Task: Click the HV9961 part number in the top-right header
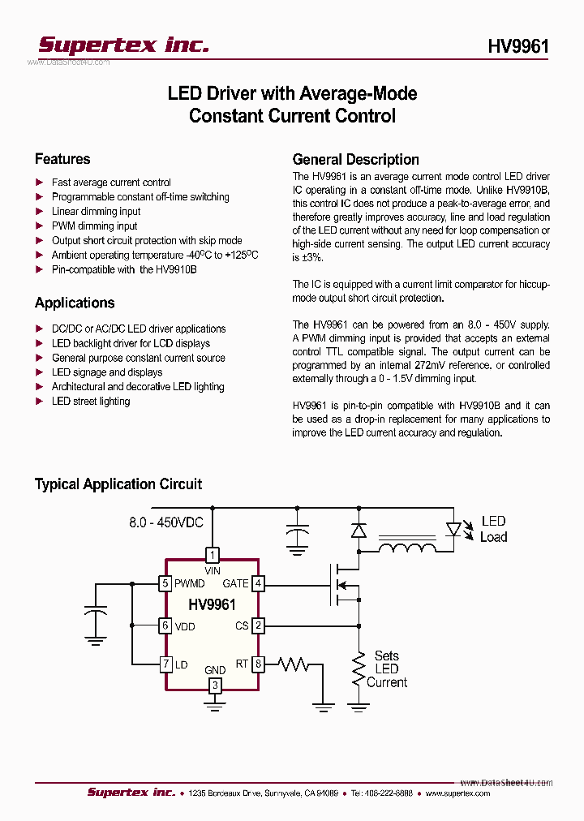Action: (518, 46)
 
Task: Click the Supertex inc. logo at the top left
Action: (124, 45)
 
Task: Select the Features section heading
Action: (62, 159)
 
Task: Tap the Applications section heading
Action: (75, 303)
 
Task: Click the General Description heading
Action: (355, 159)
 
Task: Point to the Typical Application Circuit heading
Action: (118, 484)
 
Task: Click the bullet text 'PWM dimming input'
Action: (94, 226)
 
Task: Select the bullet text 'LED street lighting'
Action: (90, 401)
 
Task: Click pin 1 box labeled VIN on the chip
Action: (212, 555)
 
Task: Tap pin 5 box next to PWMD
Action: (165, 583)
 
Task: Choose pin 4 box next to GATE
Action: (258, 583)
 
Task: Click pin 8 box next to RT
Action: (258, 664)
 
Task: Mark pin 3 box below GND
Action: (214, 686)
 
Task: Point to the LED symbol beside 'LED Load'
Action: (454, 529)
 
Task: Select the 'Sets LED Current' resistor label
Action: (387, 668)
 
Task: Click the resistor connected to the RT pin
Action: (293, 664)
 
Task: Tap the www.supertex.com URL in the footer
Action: (457, 793)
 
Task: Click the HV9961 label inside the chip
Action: (212, 604)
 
